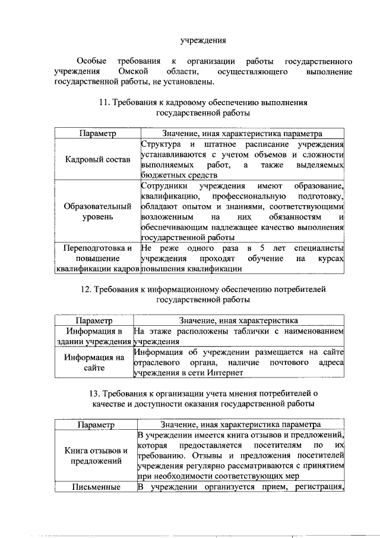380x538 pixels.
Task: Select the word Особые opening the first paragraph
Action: [x=91, y=61]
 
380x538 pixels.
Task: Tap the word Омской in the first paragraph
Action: [x=132, y=71]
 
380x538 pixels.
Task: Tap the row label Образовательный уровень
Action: [x=96, y=212]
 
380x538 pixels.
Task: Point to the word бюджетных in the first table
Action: [x=160, y=175]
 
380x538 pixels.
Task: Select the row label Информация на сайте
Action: [x=94, y=363]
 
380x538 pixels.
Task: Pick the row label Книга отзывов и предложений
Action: [x=96, y=455]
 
